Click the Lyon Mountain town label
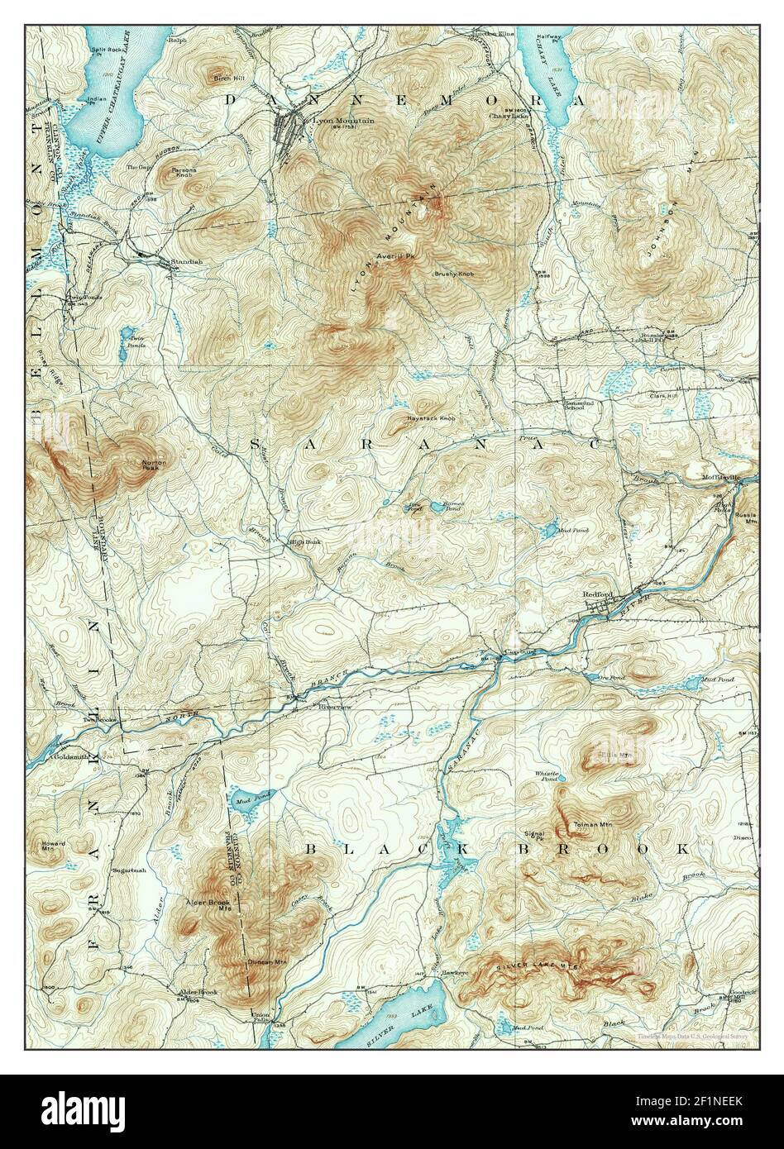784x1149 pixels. pyautogui.click(x=342, y=121)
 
